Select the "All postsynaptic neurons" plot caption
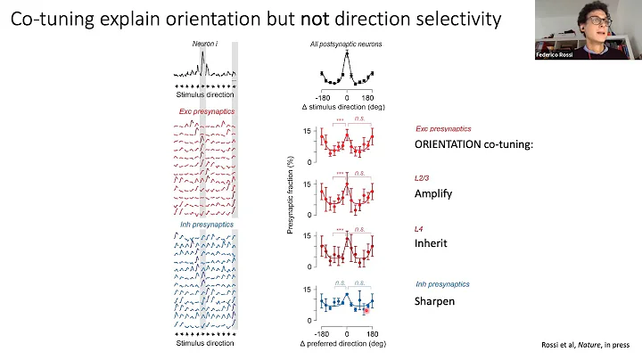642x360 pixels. pyautogui.click(x=346, y=44)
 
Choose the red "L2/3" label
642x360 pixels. pyautogui.click(x=424, y=178)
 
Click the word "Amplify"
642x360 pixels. pyautogui.click(x=435, y=193)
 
